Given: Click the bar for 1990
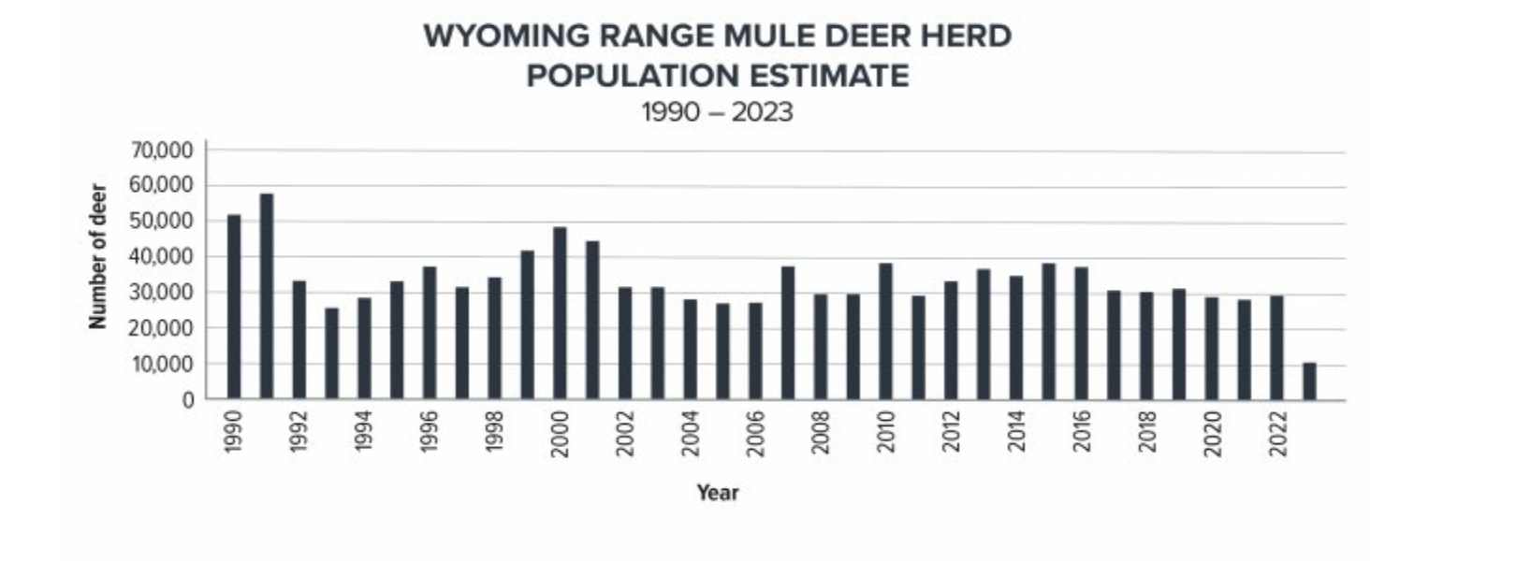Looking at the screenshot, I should pyautogui.click(x=234, y=308).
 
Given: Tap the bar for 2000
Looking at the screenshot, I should pyautogui.click(x=560, y=314).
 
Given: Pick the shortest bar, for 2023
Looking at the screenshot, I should pyautogui.click(x=1309, y=381).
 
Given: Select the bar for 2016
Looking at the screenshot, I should pyautogui.click(x=1081, y=334).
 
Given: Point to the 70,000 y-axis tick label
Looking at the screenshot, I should pyautogui.click(x=163, y=151).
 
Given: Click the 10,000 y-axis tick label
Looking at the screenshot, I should pyautogui.click(x=163, y=365).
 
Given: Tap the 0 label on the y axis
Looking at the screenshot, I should pyautogui.click(x=187, y=400).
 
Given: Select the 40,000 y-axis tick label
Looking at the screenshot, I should pyautogui.click(x=163, y=257).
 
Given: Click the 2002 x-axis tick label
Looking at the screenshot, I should pyautogui.click(x=625, y=433).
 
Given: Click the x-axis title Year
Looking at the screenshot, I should pyautogui.click(x=718, y=493).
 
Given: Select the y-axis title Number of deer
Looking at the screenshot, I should pyautogui.click(x=97, y=256).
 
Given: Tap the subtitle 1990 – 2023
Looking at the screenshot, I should pyautogui.click(x=717, y=112).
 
